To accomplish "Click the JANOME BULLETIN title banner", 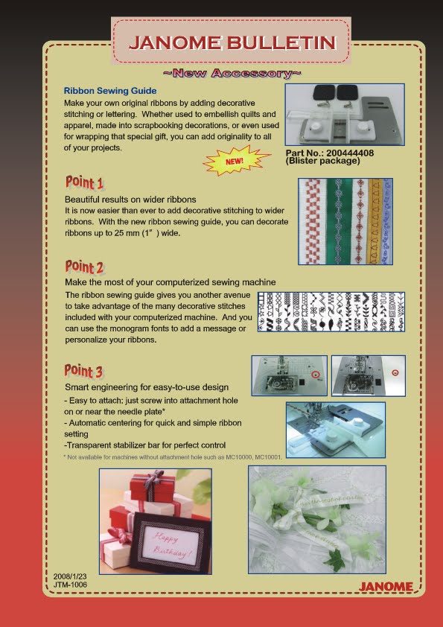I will (x=231, y=42).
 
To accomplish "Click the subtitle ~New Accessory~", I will (x=232, y=74).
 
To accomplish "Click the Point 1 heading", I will (x=84, y=183).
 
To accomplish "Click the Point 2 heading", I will (x=84, y=266).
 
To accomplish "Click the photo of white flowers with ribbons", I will (x=316, y=519).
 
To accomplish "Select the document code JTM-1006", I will (x=70, y=585).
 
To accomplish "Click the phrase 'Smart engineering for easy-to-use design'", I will (x=146, y=387).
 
